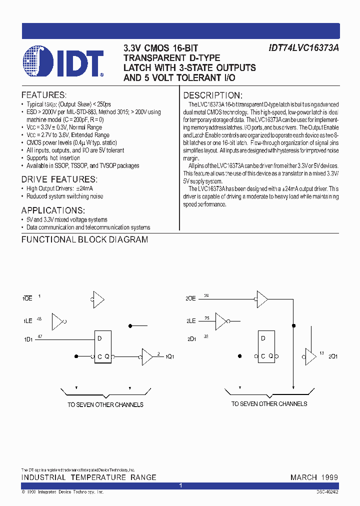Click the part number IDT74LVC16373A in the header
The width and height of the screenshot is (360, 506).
coord(303,48)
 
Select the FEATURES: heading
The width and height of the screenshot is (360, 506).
coord(44,95)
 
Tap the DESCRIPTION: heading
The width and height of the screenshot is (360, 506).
coord(212,95)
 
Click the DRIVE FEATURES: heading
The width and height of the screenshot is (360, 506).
coord(59,179)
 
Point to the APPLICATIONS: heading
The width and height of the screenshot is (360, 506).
coord(53,210)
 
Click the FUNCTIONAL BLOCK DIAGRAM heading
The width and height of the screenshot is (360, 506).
coord(84,239)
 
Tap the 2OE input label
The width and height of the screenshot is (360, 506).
coord(190,298)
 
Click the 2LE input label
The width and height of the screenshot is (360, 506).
coord(190,321)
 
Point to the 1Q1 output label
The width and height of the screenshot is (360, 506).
coord(170,357)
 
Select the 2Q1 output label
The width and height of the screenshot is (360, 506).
coord(332,356)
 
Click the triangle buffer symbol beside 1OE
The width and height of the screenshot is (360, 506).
coord(97,300)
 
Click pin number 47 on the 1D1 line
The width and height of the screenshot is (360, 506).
coord(40,336)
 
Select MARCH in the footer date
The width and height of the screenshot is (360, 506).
coord(303,477)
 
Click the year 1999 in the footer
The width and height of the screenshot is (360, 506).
coord(329,477)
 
